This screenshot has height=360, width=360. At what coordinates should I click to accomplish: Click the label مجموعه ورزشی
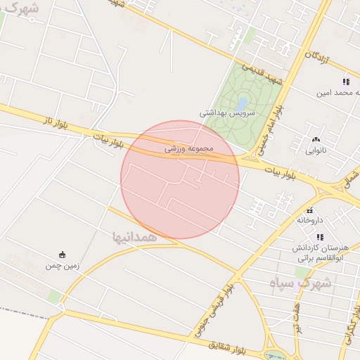click(188, 149)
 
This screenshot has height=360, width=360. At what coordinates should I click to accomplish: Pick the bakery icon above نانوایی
click(316, 139)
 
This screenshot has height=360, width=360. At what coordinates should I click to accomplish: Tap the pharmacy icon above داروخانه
click(309, 210)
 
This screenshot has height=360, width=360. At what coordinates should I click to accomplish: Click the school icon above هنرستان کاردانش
click(321, 237)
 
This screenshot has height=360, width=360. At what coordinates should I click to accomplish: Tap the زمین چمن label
click(63, 266)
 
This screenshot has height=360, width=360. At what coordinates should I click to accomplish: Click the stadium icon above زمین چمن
click(63, 255)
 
